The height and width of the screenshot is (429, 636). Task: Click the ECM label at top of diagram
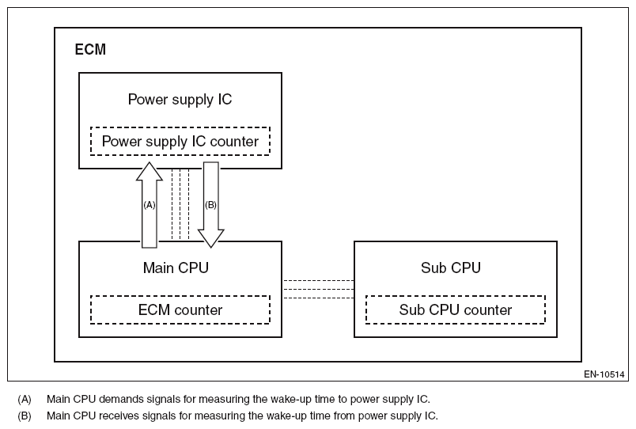[x=90, y=50]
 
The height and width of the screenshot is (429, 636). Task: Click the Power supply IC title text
[x=180, y=100]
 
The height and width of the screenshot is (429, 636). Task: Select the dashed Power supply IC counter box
[x=180, y=142]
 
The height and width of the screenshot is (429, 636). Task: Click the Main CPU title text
[x=176, y=268]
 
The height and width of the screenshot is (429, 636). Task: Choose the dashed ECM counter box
[x=180, y=309]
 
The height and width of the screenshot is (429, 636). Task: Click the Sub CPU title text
[x=451, y=268]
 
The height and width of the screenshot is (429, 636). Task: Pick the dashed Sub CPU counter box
[x=455, y=309]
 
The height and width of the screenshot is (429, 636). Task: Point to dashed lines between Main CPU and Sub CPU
[x=317, y=289]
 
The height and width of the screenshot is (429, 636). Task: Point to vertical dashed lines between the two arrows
[x=180, y=203]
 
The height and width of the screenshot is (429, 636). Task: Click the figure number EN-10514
[x=604, y=374]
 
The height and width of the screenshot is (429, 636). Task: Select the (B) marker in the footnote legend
[x=24, y=416]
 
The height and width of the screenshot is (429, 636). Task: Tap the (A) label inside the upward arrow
[x=149, y=204]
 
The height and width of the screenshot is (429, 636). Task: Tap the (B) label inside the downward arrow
[x=210, y=204]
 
